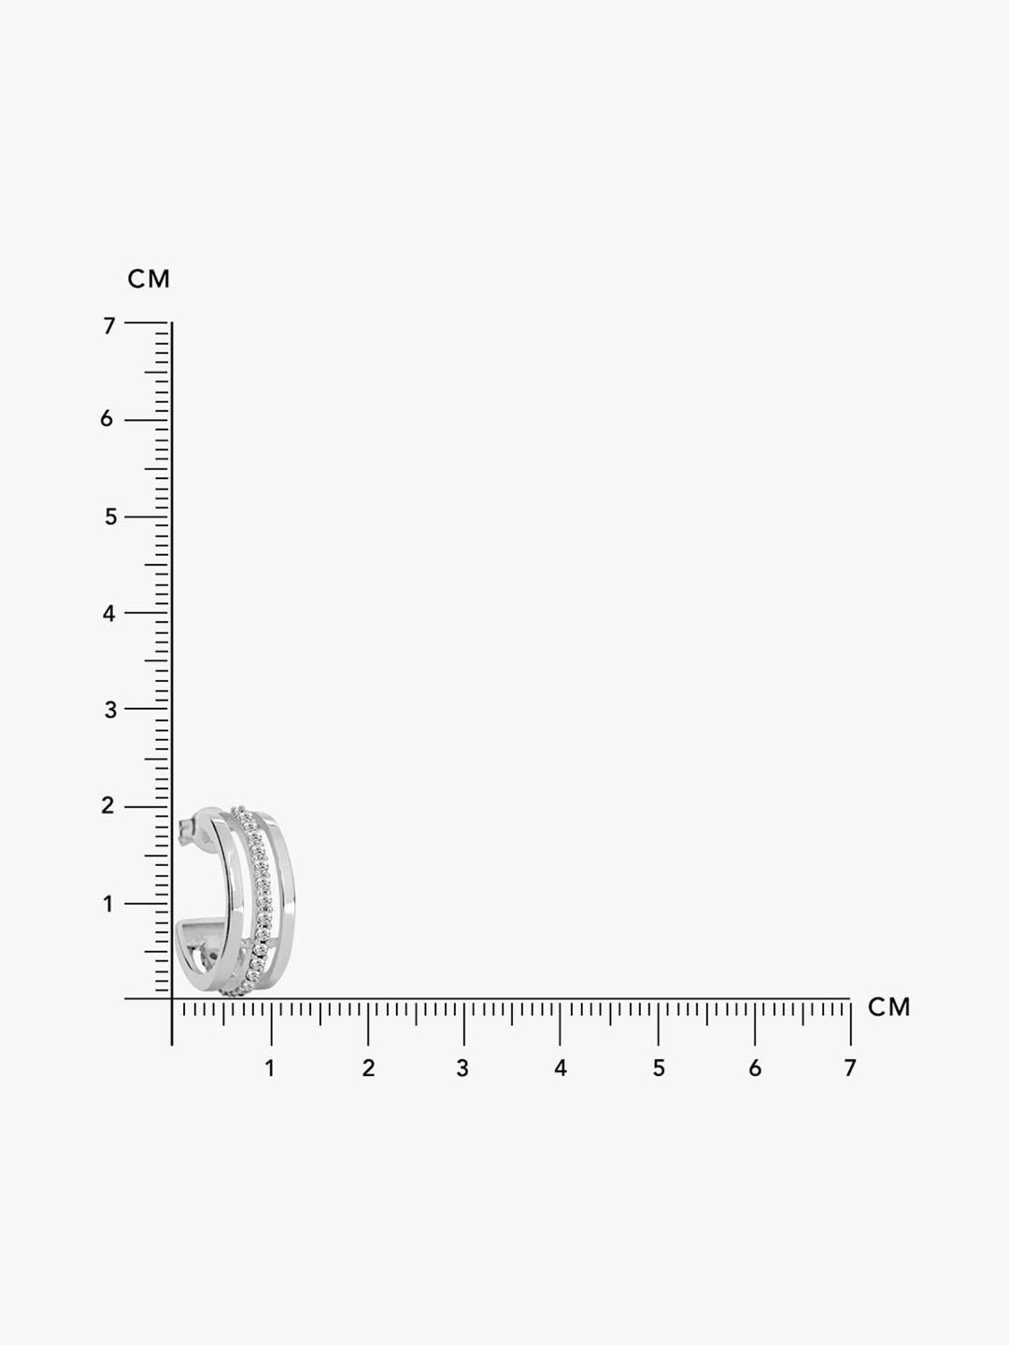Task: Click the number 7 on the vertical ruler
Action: pyautogui.click(x=109, y=325)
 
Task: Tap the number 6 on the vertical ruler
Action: pyautogui.click(x=107, y=419)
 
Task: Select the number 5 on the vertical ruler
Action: pyautogui.click(x=110, y=517)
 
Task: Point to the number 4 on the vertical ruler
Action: pyautogui.click(x=109, y=613)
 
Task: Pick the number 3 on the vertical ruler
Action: pyautogui.click(x=110, y=709)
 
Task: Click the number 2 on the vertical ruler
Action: pyautogui.click(x=108, y=806)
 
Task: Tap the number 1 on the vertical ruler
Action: pyautogui.click(x=108, y=904)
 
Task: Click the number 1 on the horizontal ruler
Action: pyautogui.click(x=270, y=1068)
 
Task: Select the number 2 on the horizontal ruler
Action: pyautogui.click(x=368, y=1068)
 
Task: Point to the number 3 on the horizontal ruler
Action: pyautogui.click(x=462, y=1068)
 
